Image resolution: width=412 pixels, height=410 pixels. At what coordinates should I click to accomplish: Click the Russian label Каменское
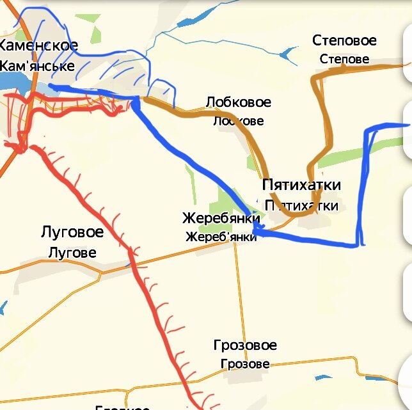click(x=38, y=45)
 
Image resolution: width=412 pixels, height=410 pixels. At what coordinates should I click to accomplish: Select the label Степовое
click(x=344, y=41)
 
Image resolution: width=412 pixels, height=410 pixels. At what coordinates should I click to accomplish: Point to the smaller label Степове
click(x=344, y=59)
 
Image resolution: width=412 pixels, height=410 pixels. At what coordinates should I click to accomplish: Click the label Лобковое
click(x=238, y=102)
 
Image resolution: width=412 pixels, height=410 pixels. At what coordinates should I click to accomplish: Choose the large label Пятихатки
click(x=301, y=185)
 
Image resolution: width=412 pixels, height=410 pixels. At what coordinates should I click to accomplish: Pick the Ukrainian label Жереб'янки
click(x=221, y=237)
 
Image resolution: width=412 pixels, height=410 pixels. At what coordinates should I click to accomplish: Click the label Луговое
click(x=72, y=232)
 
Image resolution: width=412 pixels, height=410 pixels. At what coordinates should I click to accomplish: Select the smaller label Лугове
click(x=72, y=253)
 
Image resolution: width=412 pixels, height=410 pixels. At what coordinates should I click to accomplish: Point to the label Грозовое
click(x=245, y=346)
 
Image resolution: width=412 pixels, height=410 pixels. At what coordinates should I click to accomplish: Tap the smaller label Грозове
click(x=244, y=364)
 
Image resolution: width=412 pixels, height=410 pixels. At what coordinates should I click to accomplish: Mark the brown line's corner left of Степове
click(x=314, y=78)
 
